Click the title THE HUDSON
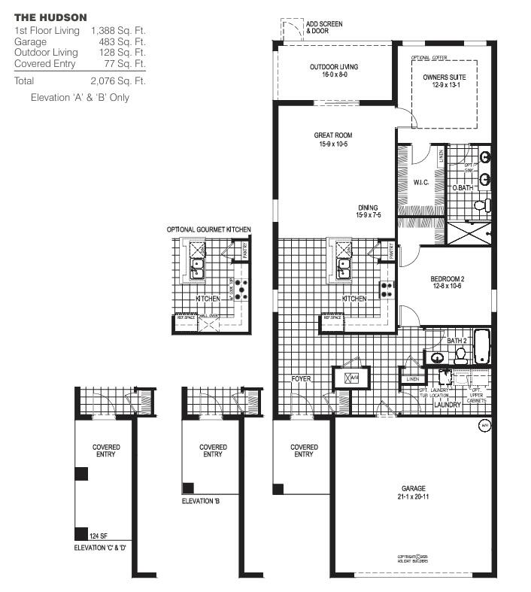click(x=50, y=17)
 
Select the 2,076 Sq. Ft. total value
click(x=117, y=80)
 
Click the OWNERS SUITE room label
click(x=444, y=80)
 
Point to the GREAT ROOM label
click(x=333, y=139)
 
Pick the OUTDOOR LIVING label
click(x=333, y=71)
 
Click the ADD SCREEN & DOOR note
click(x=323, y=28)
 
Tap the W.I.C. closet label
click(x=420, y=182)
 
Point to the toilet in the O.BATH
click(x=481, y=205)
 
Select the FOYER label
click(x=302, y=379)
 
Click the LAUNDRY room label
click(x=448, y=405)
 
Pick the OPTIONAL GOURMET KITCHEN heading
click(x=209, y=229)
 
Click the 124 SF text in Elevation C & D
click(x=98, y=536)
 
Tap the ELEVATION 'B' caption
click(x=200, y=499)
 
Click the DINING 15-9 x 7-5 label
click(x=368, y=211)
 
